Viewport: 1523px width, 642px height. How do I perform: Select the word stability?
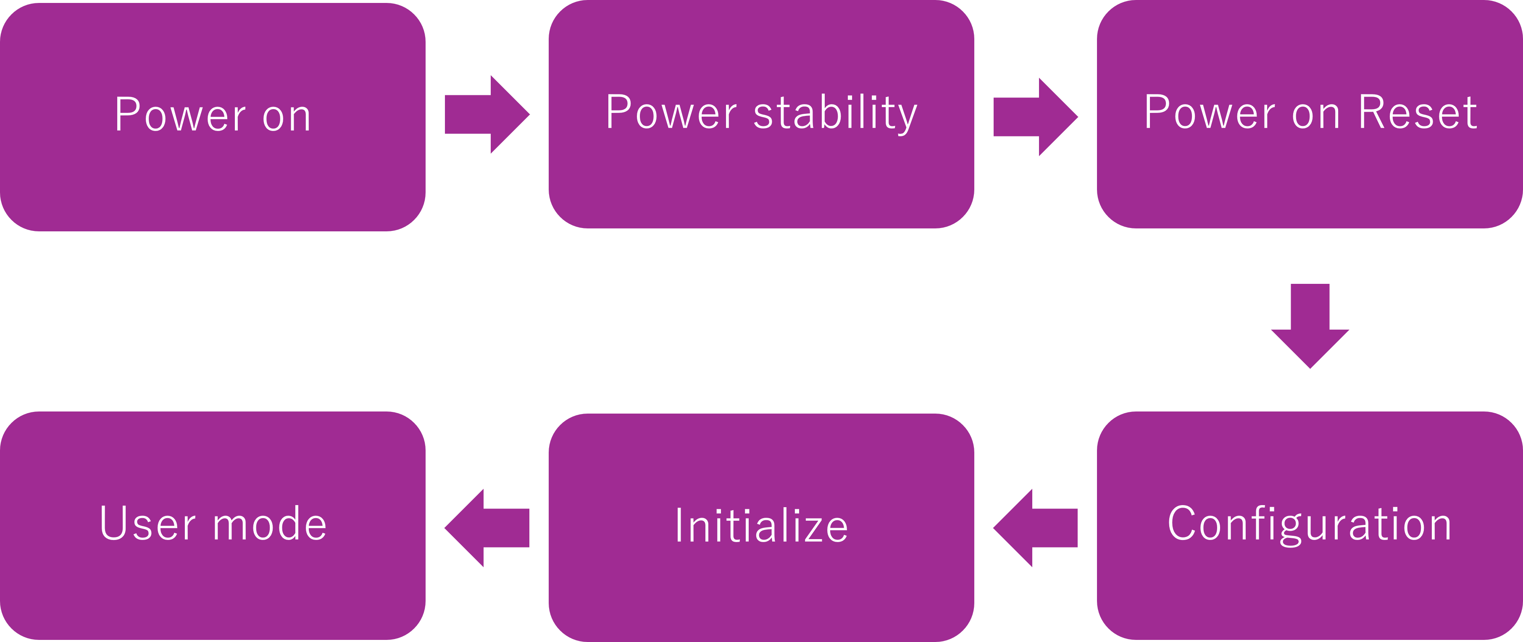tap(835, 113)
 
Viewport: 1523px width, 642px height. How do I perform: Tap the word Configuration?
tap(1310, 524)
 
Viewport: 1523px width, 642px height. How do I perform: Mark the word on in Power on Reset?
tap(1315, 115)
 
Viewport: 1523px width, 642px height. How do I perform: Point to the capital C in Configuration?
tap(1181, 523)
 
